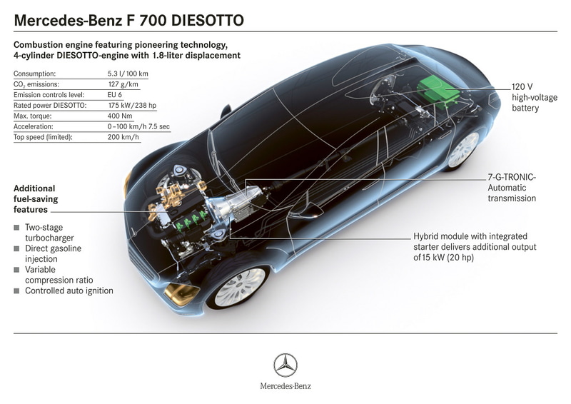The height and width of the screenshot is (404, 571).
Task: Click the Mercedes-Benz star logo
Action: [x=285, y=365]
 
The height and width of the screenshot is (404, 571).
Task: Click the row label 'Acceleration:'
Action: [x=37, y=126]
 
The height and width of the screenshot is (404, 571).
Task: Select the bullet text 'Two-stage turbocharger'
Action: [x=49, y=233]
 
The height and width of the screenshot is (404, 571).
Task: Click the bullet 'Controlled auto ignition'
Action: [x=69, y=291]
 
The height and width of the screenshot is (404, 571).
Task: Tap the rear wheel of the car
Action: [x=463, y=148]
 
